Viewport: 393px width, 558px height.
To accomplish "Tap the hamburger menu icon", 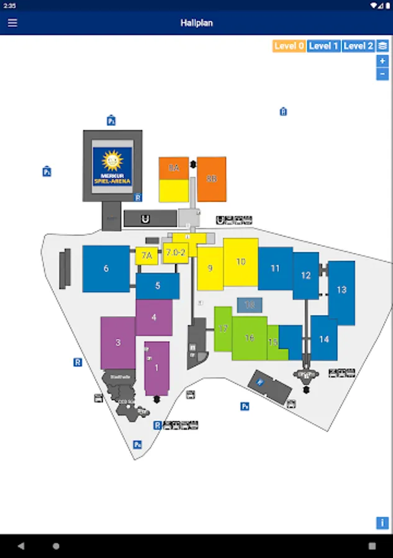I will [x=12, y=23].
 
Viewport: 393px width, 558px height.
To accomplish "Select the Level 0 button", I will [x=289, y=46].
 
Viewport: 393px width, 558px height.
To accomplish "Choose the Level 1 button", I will [x=323, y=46].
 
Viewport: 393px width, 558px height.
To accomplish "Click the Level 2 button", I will [x=358, y=46].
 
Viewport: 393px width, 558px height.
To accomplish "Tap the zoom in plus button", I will [x=382, y=61].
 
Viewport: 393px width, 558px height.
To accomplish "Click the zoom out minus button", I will [x=382, y=74].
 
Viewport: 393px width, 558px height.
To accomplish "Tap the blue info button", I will [x=382, y=523].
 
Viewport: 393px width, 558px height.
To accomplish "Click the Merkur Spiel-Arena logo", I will [x=112, y=166].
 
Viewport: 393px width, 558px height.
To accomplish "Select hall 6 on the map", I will [x=106, y=268].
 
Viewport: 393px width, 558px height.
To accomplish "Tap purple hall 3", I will [x=118, y=342].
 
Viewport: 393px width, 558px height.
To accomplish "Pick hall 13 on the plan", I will [x=341, y=290].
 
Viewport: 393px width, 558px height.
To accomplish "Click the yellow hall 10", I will [x=241, y=262].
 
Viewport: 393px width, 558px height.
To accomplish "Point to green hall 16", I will [x=250, y=338].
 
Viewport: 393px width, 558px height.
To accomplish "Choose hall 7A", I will [x=147, y=255].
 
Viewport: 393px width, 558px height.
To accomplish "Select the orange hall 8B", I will [x=212, y=179].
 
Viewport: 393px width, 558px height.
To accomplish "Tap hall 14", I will [x=323, y=339].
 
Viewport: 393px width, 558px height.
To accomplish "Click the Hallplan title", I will [x=196, y=23].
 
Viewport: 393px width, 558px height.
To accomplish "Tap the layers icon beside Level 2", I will [x=382, y=46].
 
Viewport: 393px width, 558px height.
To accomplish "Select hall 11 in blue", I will [x=275, y=268].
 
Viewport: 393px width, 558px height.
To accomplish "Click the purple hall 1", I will [x=156, y=368].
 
